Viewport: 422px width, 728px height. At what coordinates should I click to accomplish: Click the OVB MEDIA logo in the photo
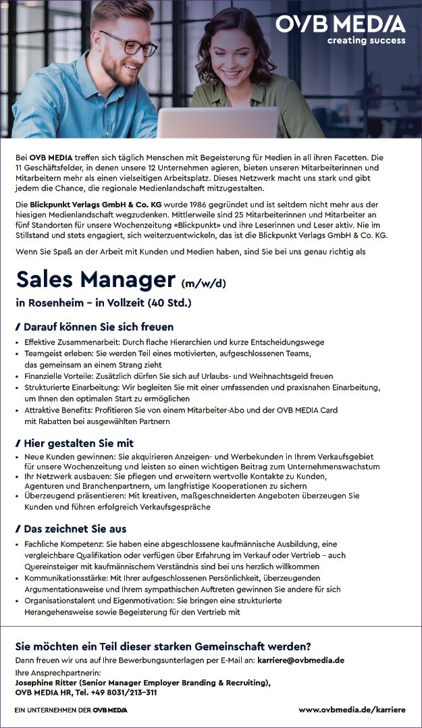coord(340,24)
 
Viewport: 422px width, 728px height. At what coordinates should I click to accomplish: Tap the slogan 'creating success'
coord(366,41)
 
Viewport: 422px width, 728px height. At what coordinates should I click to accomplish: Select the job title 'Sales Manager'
coord(96,279)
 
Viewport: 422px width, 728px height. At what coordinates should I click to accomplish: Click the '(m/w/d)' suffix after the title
coord(203,283)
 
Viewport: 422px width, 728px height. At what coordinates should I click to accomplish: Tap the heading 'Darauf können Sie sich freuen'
coord(98,327)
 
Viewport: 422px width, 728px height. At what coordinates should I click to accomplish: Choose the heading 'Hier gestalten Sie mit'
coord(78,443)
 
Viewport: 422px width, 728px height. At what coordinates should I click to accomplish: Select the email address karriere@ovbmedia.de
coord(301,660)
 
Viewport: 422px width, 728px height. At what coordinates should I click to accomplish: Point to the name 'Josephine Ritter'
coord(48,683)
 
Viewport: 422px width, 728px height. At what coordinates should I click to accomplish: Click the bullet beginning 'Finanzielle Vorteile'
coord(178,376)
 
